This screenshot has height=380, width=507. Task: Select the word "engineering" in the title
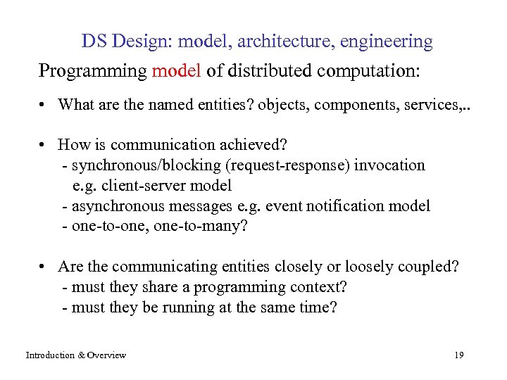click(387, 42)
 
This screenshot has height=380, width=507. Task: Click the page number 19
click(459, 355)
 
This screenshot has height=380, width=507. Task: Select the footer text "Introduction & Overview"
click(76, 355)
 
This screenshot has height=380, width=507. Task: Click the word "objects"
click(282, 105)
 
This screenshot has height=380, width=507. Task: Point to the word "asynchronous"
click(114, 206)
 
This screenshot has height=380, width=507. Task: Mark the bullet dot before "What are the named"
click(44, 106)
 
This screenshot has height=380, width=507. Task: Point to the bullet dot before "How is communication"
click(44, 146)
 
